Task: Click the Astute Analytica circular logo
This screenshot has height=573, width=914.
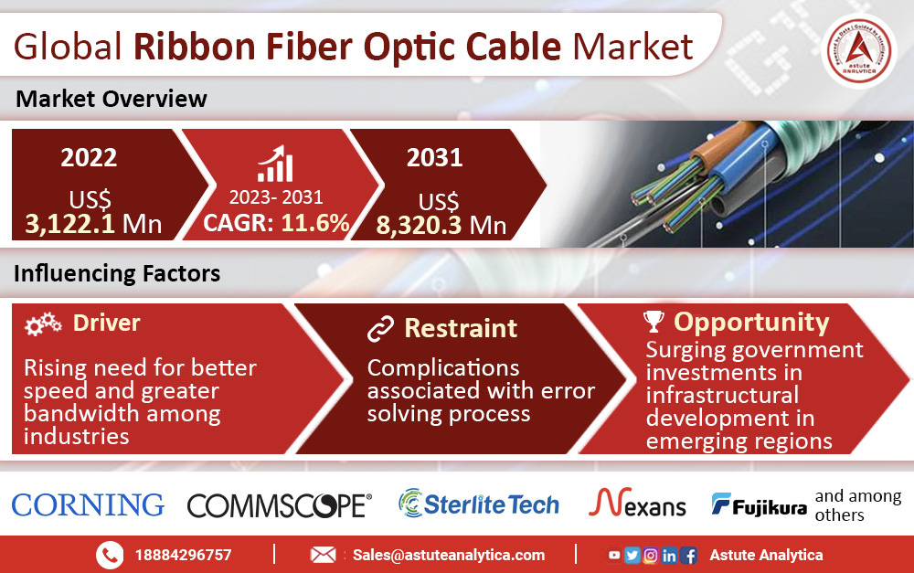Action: point(859,50)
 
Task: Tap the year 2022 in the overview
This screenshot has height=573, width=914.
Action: point(89,157)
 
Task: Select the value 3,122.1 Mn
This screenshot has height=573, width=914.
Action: point(93,224)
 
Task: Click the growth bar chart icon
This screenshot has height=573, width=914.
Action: point(275,164)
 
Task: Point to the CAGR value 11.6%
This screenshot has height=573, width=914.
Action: point(315,223)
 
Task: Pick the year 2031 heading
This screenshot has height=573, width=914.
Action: point(435,157)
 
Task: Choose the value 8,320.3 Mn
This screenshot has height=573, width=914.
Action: point(441,225)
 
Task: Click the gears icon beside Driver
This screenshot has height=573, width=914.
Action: point(43,324)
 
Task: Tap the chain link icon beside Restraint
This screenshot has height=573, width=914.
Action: point(380,329)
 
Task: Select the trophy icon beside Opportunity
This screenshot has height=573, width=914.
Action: point(654,321)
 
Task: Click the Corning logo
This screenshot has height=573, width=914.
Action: point(88,504)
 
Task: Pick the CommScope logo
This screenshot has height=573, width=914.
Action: point(279,506)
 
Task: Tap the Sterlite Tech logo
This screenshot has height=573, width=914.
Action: point(479,504)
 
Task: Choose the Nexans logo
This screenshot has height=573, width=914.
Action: point(637,503)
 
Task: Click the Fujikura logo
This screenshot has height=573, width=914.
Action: point(759,504)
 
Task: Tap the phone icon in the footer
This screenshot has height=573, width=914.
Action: point(110,555)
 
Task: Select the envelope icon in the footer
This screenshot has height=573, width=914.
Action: point(323,555)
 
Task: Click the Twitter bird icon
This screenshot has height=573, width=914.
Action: point(632,555)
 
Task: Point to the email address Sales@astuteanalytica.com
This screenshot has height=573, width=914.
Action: point(449,555)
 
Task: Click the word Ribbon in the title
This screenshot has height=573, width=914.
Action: point(195,47)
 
